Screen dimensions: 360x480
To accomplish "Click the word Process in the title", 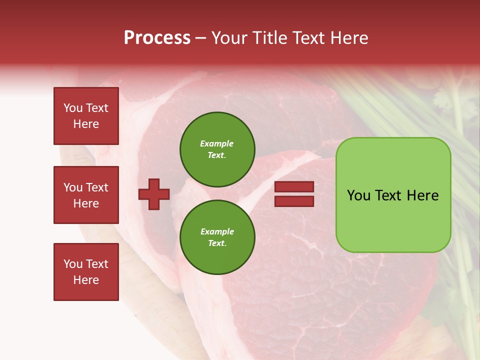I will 157,38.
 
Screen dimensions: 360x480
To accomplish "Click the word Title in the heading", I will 268,38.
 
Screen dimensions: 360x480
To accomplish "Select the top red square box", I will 86,116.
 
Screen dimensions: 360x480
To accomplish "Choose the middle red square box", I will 86,195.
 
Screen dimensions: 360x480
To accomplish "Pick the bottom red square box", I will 86,272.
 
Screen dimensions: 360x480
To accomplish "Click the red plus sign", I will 154,194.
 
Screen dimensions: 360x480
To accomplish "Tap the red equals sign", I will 294,194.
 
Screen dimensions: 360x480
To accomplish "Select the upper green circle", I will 217,149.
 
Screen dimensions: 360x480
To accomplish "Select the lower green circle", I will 217,237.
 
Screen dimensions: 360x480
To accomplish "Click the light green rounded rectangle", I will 393,195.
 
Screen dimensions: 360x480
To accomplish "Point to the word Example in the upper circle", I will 216,143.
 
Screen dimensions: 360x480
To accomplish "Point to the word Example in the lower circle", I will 217,231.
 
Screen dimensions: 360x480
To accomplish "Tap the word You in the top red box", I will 73,108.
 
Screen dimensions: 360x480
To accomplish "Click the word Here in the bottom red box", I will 86,280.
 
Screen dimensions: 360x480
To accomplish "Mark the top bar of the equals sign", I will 294,186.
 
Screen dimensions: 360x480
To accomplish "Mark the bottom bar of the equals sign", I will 294,201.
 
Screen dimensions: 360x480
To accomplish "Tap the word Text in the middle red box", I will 97,187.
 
